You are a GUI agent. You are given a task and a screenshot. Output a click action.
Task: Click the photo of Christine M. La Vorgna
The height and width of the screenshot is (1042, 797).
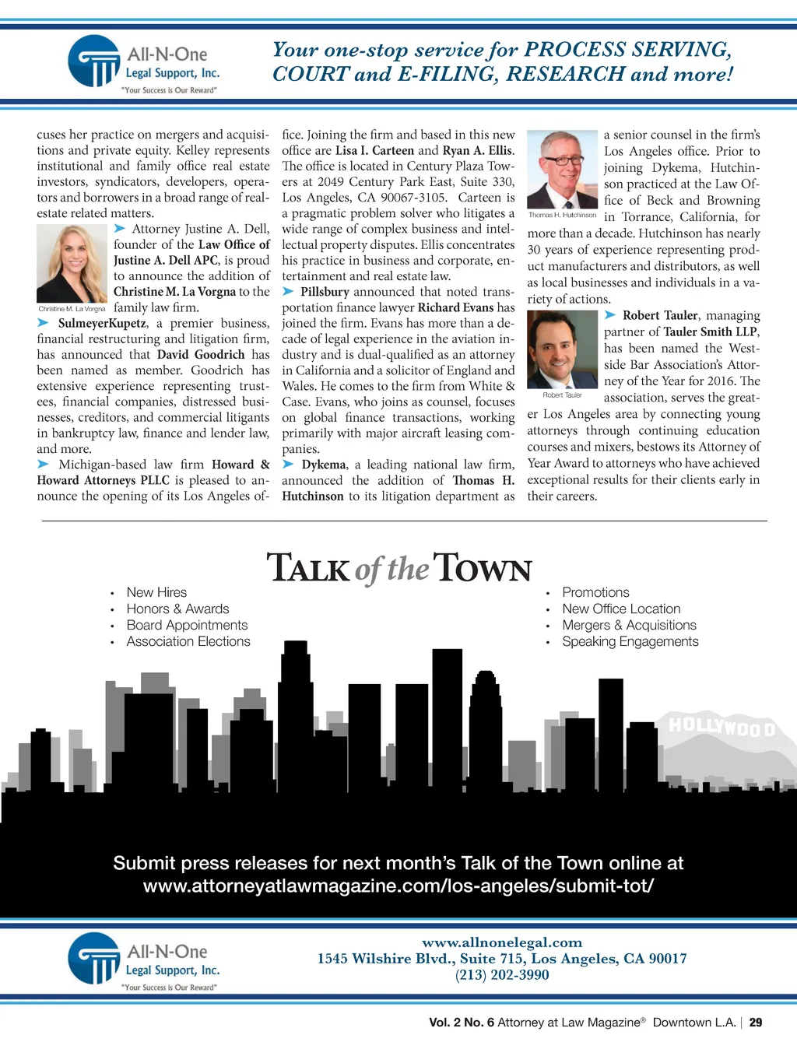(x=72, y=263)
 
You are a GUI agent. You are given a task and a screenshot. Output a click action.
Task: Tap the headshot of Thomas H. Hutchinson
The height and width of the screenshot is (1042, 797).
(x=562, y=170)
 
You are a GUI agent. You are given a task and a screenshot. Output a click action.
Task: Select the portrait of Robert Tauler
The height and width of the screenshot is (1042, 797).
(x=562, y=349)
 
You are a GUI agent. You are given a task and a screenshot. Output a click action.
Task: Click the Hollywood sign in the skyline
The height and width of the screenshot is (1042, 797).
(x=722, y=728)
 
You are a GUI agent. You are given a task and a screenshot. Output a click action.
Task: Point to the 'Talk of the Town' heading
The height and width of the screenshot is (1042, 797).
(x=398, y=568)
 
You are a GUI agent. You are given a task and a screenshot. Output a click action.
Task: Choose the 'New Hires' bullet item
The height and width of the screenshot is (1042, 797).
(x=156, y=592)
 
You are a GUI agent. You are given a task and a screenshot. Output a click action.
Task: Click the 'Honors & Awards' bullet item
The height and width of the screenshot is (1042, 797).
(x=177, y=609)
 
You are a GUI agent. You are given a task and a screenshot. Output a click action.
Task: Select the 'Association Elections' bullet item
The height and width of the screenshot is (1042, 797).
(x=188, y=641)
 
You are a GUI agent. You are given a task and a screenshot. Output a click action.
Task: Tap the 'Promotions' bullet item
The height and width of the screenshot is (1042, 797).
(x=595, y=592)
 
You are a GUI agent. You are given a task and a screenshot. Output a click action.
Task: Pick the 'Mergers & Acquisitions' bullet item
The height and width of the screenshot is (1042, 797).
(x=629, y=625)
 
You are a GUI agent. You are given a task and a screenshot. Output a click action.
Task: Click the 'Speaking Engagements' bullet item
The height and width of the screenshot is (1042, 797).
(x=630, y=641)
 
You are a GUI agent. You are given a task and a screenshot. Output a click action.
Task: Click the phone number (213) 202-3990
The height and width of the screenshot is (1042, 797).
(x=502, y=975)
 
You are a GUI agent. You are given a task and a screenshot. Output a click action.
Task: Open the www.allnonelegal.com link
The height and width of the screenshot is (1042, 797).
(x=502, y=942)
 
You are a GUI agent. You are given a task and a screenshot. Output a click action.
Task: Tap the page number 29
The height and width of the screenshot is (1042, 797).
(x=756, y=1023)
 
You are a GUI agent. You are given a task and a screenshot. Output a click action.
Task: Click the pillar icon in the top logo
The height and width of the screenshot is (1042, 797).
(x=94, y=62)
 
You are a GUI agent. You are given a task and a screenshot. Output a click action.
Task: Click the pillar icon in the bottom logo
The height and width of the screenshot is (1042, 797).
(x=94, y=960)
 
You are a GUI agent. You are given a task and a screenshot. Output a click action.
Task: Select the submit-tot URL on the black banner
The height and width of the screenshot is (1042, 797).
(x=398, y=886)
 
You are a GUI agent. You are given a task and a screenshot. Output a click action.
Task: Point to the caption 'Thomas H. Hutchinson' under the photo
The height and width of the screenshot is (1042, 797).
(x=562, y=215)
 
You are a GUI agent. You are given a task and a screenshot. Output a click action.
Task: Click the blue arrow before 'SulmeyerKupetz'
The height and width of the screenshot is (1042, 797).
(x=44, y=323)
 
